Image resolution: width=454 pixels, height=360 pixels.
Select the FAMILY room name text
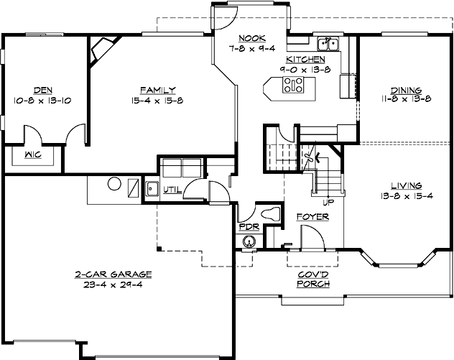[158, 91]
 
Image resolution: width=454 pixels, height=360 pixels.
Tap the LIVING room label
[401, 185]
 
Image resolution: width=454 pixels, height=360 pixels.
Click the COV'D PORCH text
[314, 279]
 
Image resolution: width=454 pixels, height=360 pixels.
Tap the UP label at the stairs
[328, 203]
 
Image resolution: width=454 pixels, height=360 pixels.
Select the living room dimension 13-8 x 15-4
[401, 195]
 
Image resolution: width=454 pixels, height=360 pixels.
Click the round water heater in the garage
[114, 185]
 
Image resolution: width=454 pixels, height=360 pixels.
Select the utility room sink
[152, 189]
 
